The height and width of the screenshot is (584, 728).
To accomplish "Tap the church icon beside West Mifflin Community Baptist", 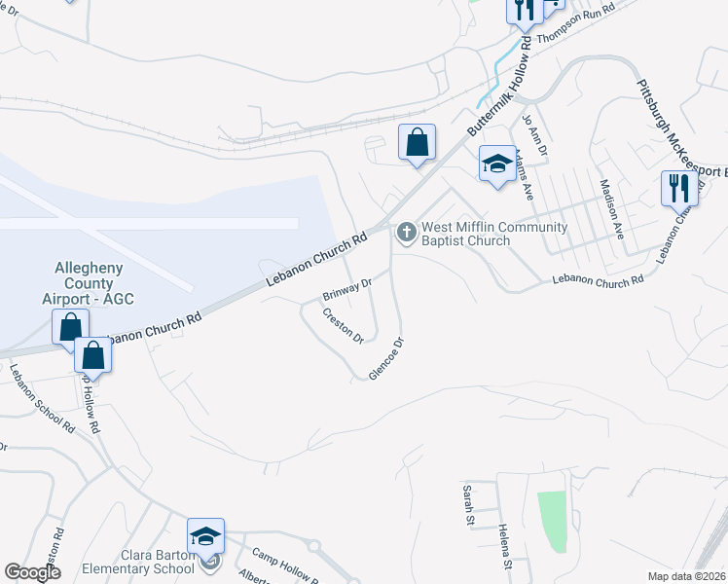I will click(x=406, y=233).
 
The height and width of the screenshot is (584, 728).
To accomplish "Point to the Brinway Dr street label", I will click(x=347, y=289).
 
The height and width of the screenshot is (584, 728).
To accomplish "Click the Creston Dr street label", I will click(x=343, y=326).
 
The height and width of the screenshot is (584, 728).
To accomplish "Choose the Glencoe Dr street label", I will click(x=386, y=359).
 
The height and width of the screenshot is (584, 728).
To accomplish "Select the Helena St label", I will click(x=505, y=545).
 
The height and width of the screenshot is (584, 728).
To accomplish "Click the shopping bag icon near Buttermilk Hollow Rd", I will click(x=417, y=142).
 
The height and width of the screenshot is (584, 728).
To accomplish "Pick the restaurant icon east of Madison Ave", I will click(x=678, y=187).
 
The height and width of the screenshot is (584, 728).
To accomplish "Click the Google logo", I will click(x=33, y=572).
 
